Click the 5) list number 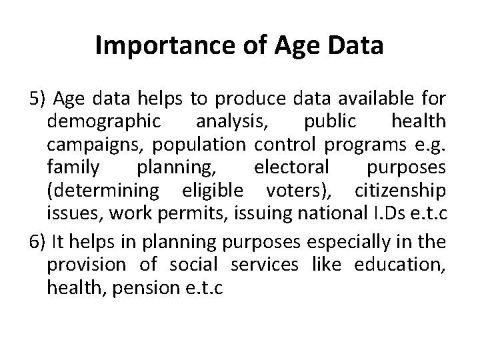[x=37, y=100]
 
